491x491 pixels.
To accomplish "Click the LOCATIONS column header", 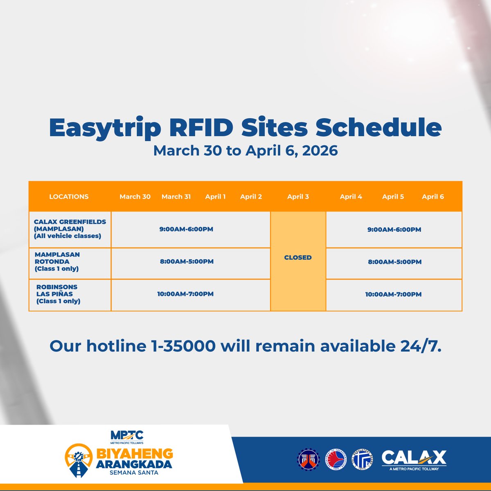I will click(x=69, y=196).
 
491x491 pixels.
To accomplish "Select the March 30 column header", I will click(x=135, y=196).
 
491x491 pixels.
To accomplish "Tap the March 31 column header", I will click(x=176, y=196).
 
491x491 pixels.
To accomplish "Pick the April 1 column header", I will click(x=215, y=196).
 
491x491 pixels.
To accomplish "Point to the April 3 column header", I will click(x=298, y=196).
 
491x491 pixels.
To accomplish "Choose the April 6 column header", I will click(x=432, y=196).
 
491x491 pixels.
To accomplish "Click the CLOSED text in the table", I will click(x=298, y=257).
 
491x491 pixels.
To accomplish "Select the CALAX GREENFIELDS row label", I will click(x=70, y=229).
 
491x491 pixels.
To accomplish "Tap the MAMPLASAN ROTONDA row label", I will click(x=57, y=261).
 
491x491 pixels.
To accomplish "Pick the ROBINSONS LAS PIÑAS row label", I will click(x=58, y=294).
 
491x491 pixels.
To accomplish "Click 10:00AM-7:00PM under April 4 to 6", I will click(x=393, y=294).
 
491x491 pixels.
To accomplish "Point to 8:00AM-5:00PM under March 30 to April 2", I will click(x=187, y=261).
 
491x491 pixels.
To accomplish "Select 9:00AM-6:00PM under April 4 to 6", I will click(x=394, y=230).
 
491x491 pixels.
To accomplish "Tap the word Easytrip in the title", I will click(x=105, y=128).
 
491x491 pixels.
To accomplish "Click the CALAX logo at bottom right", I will click(x=414, y=459).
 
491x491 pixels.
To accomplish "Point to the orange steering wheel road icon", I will click(x=78, y=460).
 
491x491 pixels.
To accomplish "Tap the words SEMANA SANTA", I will click(x=134, y=473).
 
